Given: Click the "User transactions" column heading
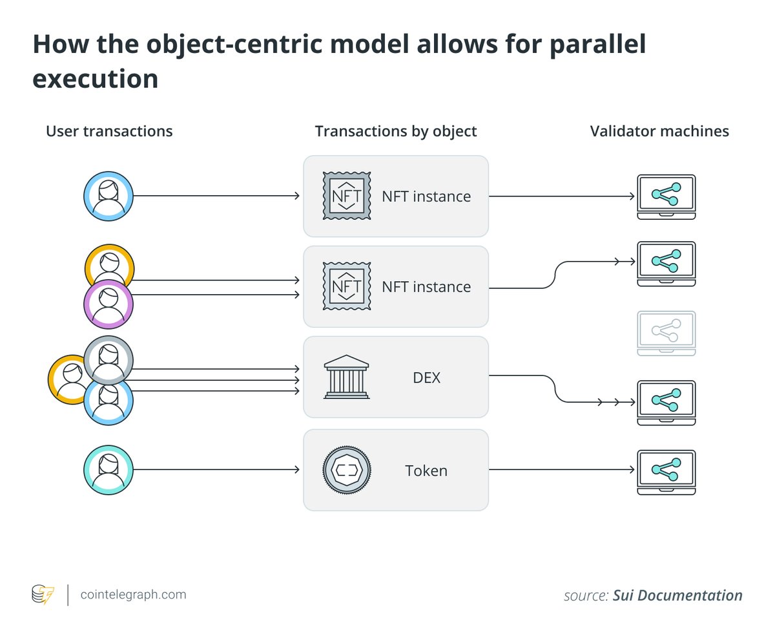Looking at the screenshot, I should tap(109, 131).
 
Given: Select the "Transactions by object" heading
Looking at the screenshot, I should tap(396, 131).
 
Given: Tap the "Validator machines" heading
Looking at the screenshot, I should tap(659, 131).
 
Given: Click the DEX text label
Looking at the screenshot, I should tap(426, 377).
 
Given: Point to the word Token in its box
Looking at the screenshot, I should tap(426, 470).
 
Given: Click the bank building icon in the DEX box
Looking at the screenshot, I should tap(346, 377).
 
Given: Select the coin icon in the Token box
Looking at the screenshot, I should tap(346, 470).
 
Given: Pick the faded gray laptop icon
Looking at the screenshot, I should tap(666, 333).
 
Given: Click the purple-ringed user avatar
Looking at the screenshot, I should tap(108, 304).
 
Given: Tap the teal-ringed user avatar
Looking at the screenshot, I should tap(108, 471).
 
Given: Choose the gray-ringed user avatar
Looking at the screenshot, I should tap(108, 359).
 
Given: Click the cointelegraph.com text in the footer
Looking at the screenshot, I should tap(132, 594).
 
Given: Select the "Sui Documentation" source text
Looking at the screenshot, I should tap(677, 595).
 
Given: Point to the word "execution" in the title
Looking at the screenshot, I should tap(95, 78).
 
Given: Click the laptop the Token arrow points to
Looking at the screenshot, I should tap(666, 472).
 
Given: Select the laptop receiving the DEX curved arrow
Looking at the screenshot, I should tap(666, 402).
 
